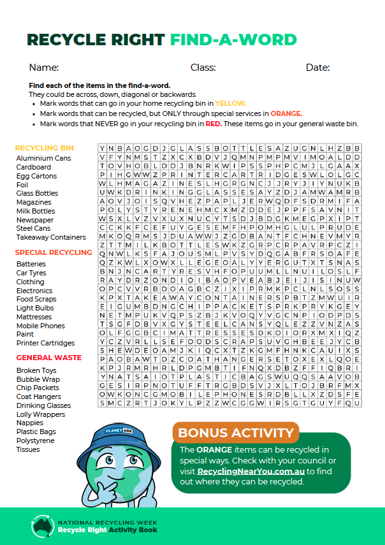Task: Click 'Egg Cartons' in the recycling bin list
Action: (x=36, y=176)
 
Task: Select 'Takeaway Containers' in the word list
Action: (x=51, y=237)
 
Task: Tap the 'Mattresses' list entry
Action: (x=34, y=317)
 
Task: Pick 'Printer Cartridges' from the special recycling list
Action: (x=45, y=343)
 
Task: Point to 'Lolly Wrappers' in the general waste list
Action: (x=40, y=414)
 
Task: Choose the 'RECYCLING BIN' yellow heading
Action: (x=45, y=148)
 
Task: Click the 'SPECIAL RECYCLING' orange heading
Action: (x=54, y=252)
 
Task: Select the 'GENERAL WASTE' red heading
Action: (x=49, y=358)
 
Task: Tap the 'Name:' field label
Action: (x=44, y=68)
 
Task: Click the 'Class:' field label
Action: (x=203, y=68)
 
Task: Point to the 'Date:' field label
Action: (x=317, y=68)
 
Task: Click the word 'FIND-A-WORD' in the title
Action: (x=233, y=40)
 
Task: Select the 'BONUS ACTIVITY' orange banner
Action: (x=236, y=433)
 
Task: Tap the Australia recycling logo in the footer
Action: (x=41, y=525)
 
